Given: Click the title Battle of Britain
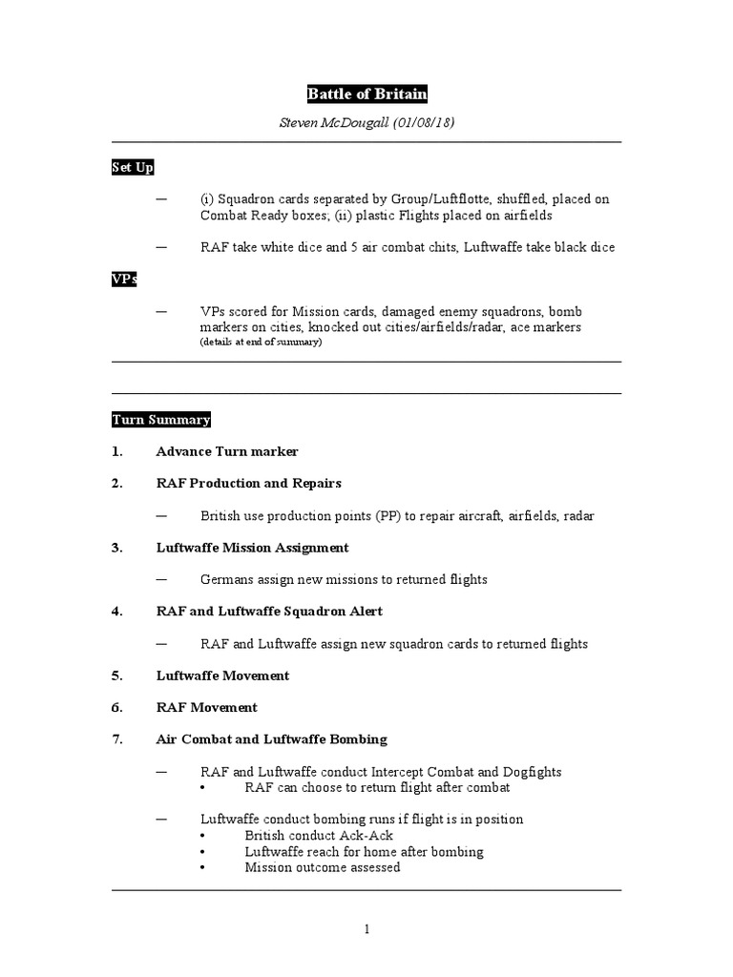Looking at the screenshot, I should (366, 94).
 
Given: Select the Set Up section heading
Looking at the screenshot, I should (132, 168).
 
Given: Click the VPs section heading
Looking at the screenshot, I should (124, 280).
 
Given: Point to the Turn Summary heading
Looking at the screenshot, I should (160, 420).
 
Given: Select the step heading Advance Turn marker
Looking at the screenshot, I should (227, 451).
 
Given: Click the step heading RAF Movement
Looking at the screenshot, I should (206, 708).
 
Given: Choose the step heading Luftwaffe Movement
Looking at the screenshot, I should (222, 676).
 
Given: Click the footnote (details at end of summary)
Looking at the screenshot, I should (261, 342).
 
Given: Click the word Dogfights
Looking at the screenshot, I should (530, 772).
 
